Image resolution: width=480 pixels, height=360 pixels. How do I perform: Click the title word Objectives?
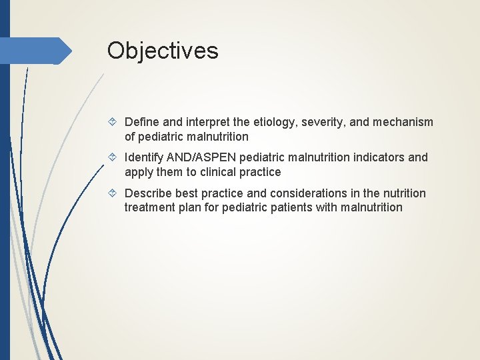(163, 51)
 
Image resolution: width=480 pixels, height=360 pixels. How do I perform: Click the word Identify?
(145, 157)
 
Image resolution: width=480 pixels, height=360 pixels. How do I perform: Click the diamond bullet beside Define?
(113, 123)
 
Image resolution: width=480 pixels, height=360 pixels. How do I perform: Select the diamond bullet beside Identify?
(113, 158)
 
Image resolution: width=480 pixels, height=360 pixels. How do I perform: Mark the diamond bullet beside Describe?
(113, 194)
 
